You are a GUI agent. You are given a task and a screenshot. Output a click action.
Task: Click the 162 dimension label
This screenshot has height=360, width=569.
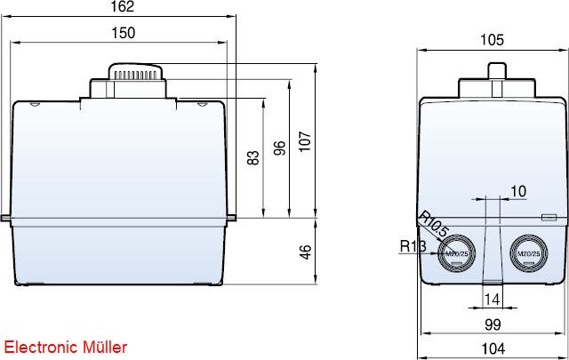[123, 6]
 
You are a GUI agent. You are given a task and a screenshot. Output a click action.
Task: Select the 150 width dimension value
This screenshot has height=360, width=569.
[124, 33]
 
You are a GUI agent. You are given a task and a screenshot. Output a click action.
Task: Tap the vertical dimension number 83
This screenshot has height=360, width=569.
[253, 158]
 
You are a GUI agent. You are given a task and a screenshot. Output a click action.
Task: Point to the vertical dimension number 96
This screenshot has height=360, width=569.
[280, 148]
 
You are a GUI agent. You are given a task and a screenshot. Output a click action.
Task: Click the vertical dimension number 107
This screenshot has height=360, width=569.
[305, 141]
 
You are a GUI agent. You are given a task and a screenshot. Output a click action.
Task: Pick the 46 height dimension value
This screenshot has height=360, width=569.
[306, 252]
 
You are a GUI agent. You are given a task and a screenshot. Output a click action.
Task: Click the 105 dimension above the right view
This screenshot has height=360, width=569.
[492, 40]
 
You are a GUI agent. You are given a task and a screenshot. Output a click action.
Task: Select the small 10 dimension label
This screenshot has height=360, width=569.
[518, 191]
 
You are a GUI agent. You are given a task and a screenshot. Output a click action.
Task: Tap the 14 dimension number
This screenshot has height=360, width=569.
[493, 300]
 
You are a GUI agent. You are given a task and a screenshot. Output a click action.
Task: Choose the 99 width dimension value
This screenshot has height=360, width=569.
[493, 324]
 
